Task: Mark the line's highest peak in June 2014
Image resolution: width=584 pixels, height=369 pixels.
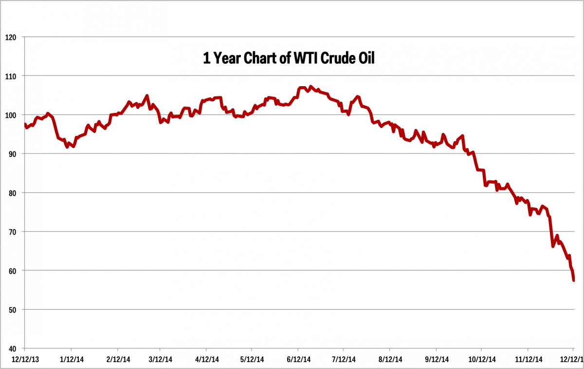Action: (x=311, y=87)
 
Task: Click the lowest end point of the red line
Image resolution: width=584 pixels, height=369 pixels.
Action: (x=574, y=280)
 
